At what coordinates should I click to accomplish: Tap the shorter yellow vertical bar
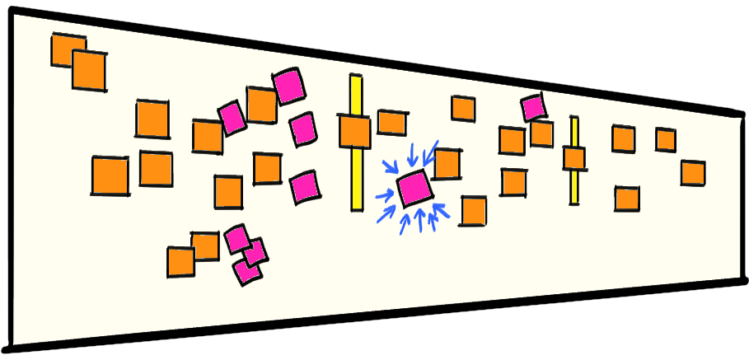click(573, 185)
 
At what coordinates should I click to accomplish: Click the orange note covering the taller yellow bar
click(354, 132)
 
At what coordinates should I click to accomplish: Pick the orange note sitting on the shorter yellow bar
click(574, 157)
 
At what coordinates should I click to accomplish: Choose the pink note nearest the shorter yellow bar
click(533, 106)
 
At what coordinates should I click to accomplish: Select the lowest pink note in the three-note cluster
click(246, 270)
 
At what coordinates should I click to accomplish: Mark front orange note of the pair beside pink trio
click(180, 262)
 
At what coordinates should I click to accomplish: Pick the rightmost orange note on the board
click(692, 173)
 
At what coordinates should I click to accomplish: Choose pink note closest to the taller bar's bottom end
click(304, 187)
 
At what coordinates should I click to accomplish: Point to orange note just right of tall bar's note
click(391, 123)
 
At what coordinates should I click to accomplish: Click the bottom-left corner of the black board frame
click(7, 351)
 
